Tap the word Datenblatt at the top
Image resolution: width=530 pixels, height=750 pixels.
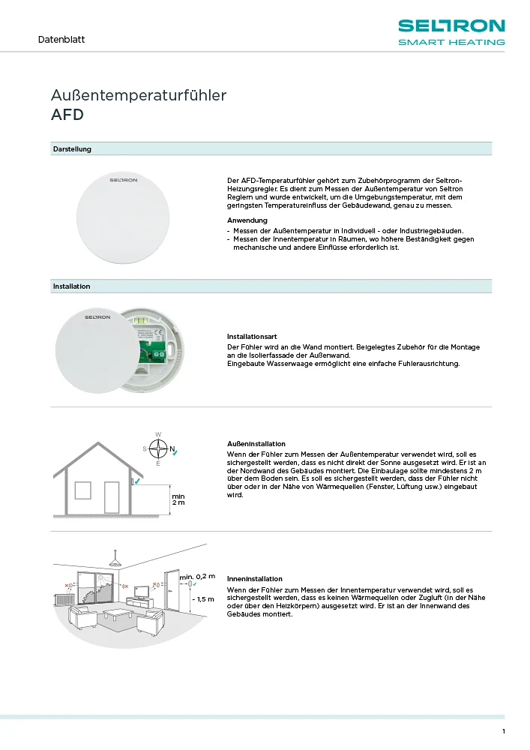click(61, 39)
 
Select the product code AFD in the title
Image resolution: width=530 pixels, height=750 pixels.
click(67, 115)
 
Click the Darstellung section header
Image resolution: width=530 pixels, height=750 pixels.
click(72, 149)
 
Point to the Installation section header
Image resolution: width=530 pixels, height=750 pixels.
click(71, 286)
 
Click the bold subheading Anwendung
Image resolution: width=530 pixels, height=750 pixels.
click(247, 220)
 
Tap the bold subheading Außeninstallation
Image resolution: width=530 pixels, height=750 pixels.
click(256, 444)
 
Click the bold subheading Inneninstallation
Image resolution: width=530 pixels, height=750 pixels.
click(255, 579)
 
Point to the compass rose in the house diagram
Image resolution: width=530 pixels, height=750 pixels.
click(158, 449)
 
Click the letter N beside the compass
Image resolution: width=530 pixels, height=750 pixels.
click(172, 449)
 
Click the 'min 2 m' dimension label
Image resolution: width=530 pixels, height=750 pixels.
click(178, 499)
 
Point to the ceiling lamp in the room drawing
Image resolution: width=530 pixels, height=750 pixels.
click(115, 562)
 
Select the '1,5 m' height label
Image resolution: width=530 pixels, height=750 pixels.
click(204, 599)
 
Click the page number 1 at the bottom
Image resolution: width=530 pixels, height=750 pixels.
click(504, 731)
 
